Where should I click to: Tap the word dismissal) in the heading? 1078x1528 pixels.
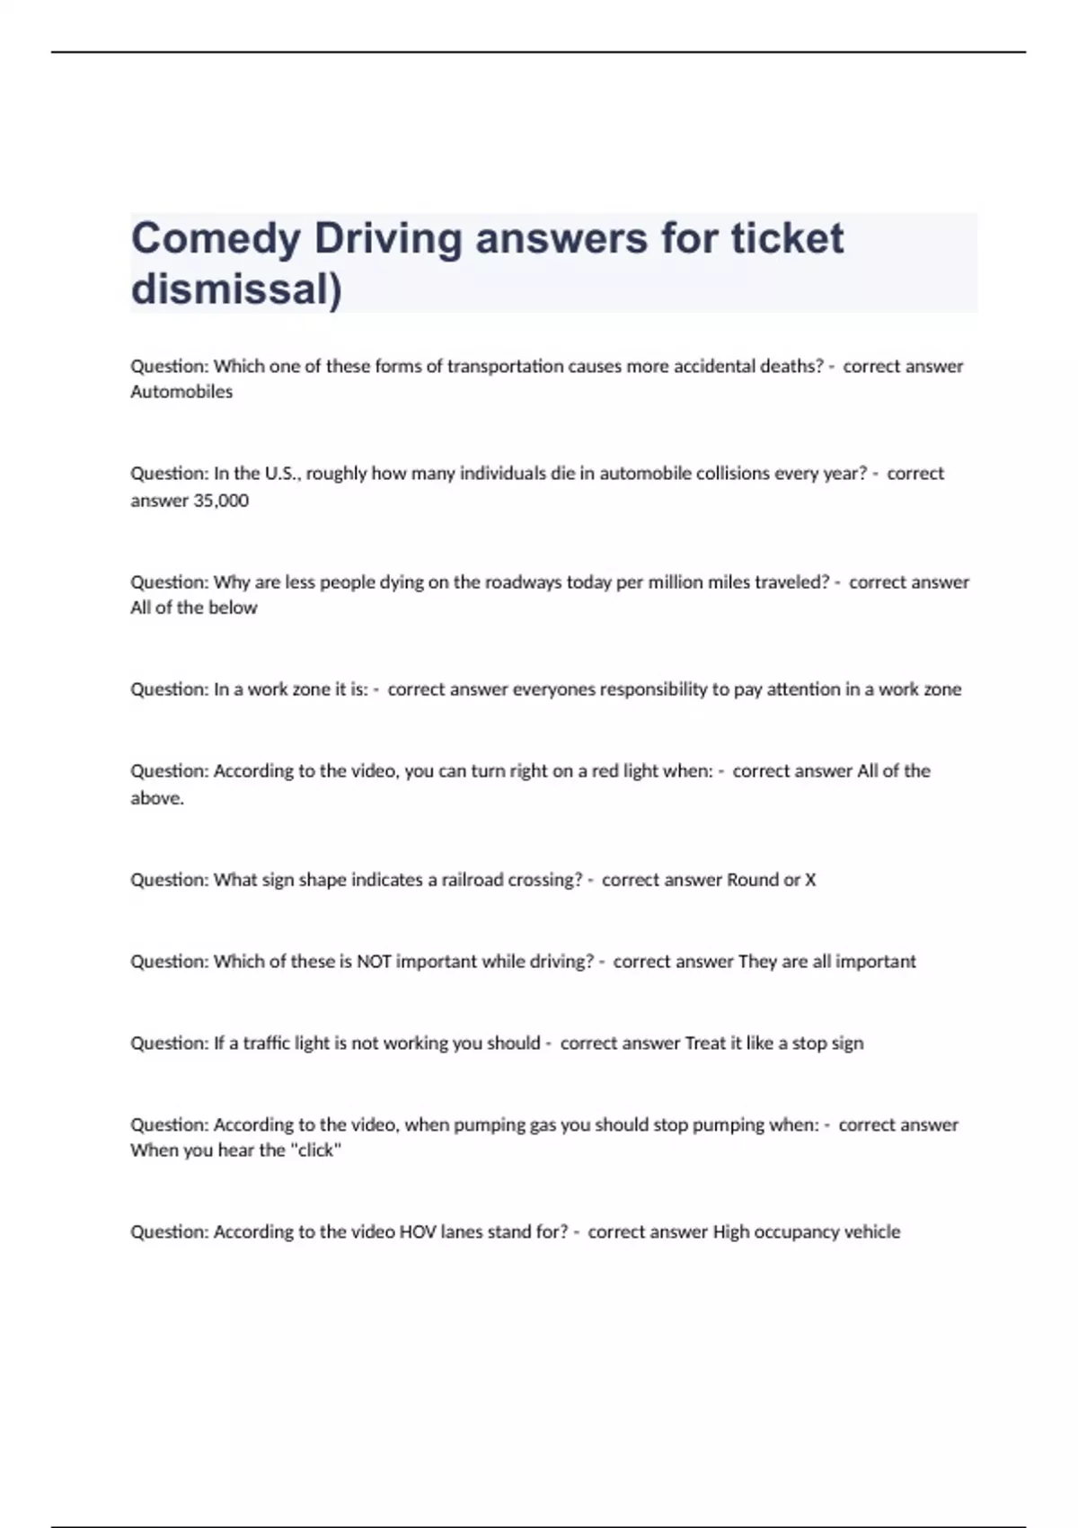(236, 289)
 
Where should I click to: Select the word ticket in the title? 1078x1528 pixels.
(786, 238)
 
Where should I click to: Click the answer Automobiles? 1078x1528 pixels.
(181, 392)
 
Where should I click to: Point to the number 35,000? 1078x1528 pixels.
(221, 501)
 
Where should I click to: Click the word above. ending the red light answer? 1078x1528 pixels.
(157, 798)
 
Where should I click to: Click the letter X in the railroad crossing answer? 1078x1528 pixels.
(810, 880)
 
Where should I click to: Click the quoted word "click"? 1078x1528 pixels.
(314, 1150)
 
